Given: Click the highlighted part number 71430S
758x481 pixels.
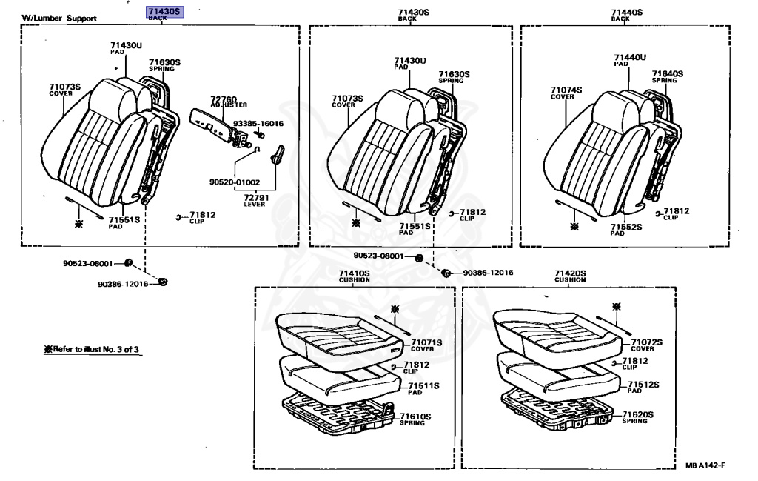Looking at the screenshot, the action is (x=164, y=12).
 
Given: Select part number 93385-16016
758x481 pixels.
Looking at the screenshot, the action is (x=258, y=123).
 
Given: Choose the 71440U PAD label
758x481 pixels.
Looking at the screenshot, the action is (x=630, y=60).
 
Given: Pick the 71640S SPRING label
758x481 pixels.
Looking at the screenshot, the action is (x=667, y=76).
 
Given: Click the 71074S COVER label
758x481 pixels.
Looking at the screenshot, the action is (x=566, y=93).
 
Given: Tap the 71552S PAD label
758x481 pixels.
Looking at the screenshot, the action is (x=625, y=229).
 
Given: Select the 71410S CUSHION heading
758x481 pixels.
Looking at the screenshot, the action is (x=354, y=276).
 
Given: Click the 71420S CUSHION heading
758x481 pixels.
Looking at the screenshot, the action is (x=570, y=276).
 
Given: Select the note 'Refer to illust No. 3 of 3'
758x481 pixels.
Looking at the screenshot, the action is (x=93, y=349).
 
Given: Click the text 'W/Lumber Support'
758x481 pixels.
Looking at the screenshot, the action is (x=58, y=18).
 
